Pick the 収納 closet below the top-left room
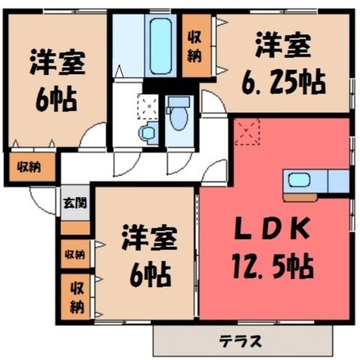click(x=30, y=168)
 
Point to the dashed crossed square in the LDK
click(x=247, y=131)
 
